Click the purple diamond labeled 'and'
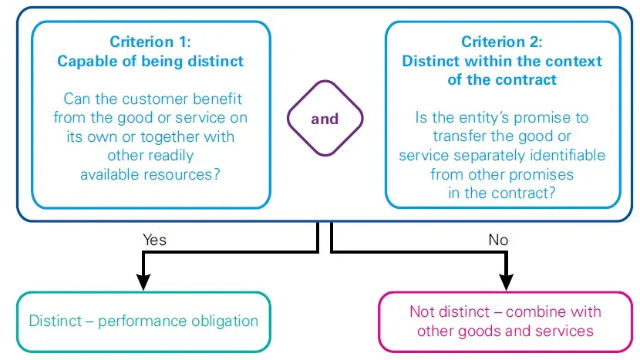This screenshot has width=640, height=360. click(325, 119)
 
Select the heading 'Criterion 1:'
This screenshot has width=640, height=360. click(152, 42)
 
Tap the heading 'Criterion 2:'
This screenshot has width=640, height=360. click(502, 42)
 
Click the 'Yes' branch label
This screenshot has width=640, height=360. click(154, 240)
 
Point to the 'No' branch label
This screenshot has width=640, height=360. click(498, 240)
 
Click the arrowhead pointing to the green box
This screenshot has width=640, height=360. click(142, 281)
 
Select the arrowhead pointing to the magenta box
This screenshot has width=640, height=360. click(506, 281)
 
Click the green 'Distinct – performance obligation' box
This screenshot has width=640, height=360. click(143, 321)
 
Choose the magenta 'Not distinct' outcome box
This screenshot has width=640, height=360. click(505, 321)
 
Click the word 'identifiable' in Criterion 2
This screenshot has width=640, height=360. click(568, 155)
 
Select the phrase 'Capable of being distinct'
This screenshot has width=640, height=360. click(152, 62)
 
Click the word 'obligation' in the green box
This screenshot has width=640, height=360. click(224, 321)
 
